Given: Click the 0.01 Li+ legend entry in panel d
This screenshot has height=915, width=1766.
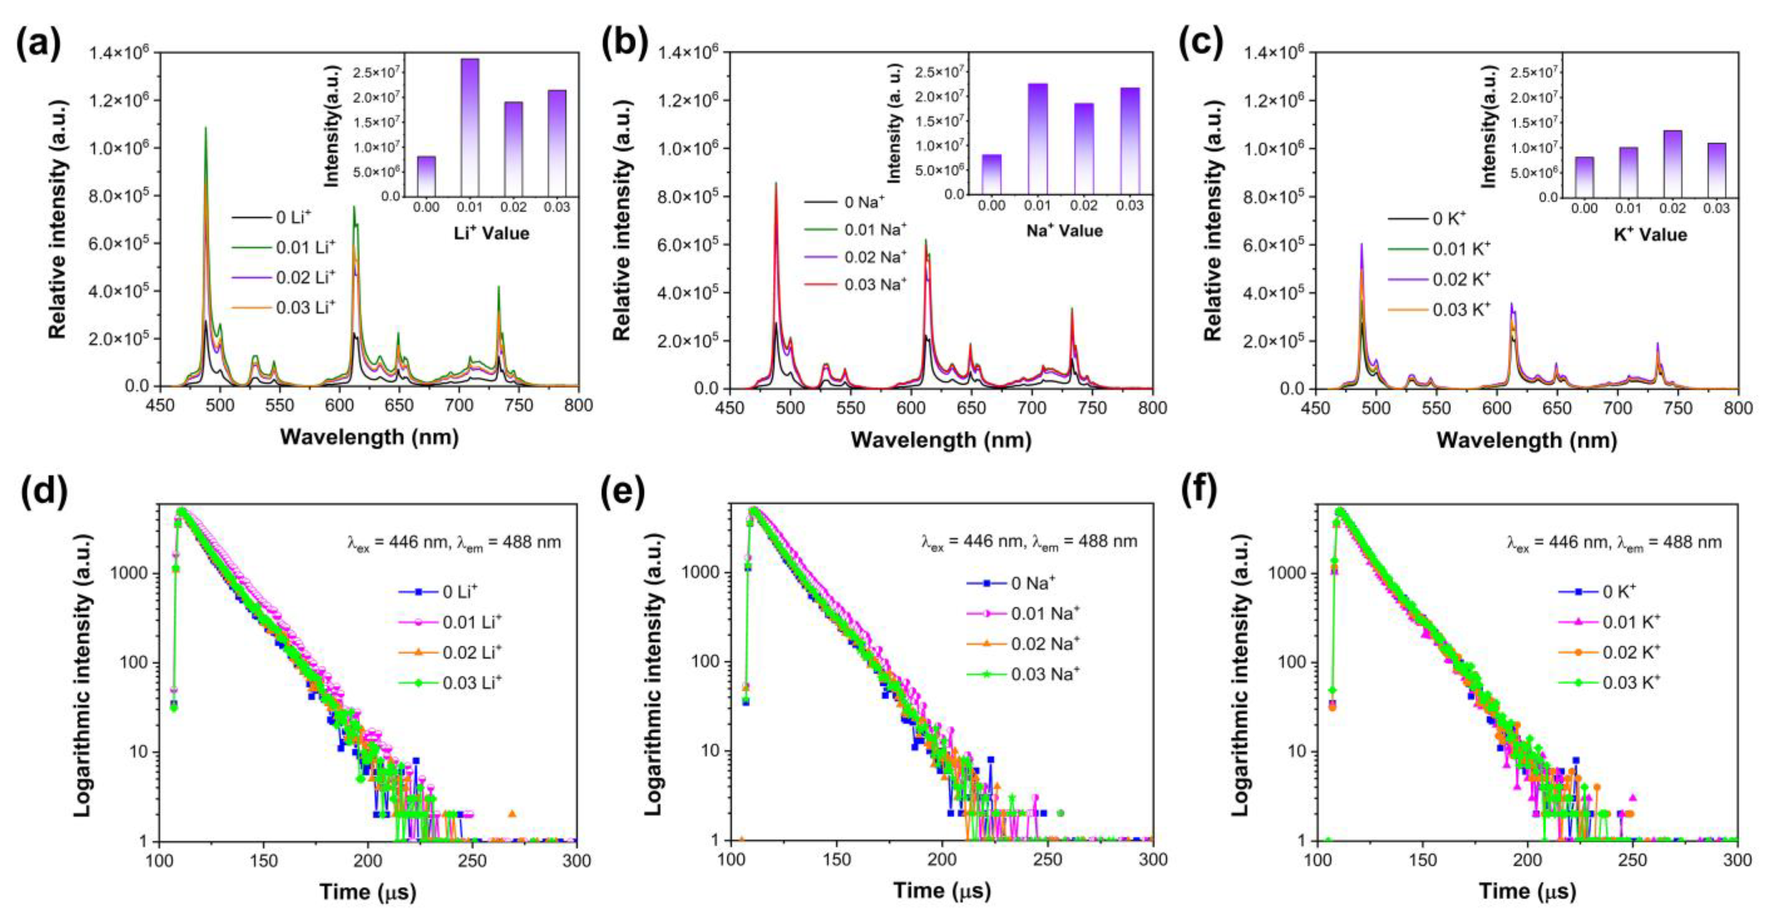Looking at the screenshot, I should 472,622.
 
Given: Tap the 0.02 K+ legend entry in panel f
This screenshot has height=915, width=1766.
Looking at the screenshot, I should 1630,652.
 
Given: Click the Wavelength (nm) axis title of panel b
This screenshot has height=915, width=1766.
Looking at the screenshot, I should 940,440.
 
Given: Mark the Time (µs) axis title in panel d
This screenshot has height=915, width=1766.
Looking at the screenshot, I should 368,892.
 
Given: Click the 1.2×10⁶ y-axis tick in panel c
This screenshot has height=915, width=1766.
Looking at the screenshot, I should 1274,101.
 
